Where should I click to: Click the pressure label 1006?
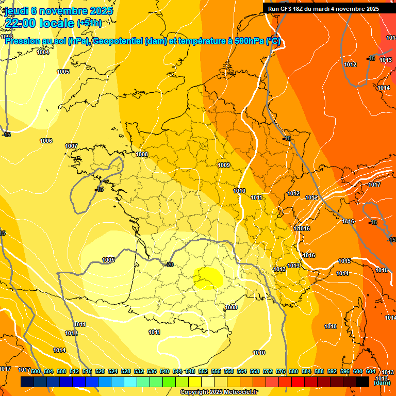(x=46, y=141)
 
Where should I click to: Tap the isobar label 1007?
(x=71, y=146)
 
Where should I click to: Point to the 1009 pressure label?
(x=224, y=165)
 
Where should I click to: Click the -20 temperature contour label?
(x=169, y=265)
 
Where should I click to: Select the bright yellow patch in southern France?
(x=209, y=277)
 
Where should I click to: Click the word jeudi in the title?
(x=16, y=11)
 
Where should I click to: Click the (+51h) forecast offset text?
(x=89, y=23)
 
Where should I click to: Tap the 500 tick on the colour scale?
(x=36, y=371)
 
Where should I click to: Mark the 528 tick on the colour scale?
(x=126, y=371)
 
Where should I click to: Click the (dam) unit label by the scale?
(x=381, y=383)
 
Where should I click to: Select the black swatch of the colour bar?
(x=362, y=382)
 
